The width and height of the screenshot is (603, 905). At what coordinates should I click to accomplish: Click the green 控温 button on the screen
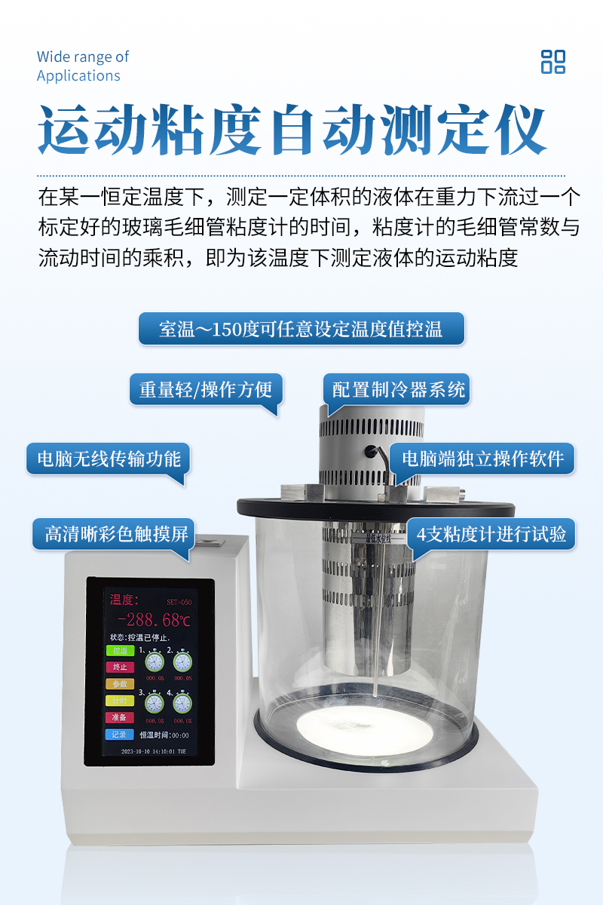click(x=119, y=651)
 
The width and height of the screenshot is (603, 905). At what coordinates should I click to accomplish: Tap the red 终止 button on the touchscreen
click(x=119, y=667)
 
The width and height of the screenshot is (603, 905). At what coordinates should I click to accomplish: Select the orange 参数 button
click(x=119, y=684)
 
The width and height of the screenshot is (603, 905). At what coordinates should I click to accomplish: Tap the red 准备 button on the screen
click(x=119, y=717)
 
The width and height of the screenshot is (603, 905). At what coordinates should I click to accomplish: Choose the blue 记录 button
click(x=119, y=734)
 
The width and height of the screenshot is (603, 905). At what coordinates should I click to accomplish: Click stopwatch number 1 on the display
click(x=155, y=661)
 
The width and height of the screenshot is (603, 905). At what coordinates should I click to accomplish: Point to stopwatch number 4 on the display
click(x=182, y=703)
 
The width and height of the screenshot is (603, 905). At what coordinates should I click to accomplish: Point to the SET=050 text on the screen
click(x=179, y=602)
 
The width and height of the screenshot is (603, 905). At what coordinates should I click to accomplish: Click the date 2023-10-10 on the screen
click(x=136, y=751)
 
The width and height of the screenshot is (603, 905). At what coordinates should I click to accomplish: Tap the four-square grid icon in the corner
click(x=552, y=62)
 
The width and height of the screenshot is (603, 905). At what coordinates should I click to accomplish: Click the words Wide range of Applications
click(x=83, y=66)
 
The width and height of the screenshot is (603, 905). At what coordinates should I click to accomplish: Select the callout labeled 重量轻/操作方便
click(x=205, y=390)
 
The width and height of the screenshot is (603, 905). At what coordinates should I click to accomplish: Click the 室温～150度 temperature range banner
click(x=301, y=330)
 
